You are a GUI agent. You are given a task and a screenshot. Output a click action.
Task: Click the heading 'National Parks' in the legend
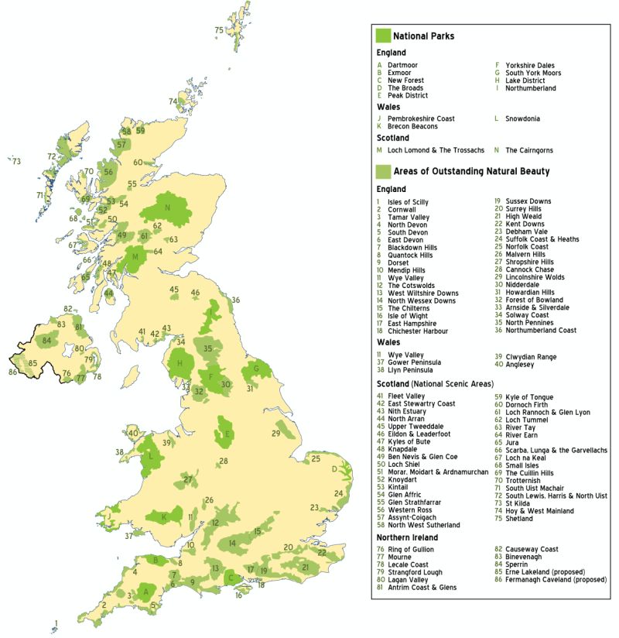point(423,36)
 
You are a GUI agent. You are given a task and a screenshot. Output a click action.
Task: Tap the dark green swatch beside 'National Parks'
point(382,36)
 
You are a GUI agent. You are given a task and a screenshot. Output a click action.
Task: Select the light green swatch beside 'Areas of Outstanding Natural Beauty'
point(382,171)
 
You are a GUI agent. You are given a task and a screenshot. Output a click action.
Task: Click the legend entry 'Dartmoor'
point(402,65)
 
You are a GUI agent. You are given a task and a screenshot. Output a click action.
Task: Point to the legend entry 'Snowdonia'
point(522,118)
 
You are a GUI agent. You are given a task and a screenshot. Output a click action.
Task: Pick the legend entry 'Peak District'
point(408,95)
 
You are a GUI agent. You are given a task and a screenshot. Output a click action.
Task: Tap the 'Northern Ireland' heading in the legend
point(407,537)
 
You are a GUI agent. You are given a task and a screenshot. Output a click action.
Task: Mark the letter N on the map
point(166,208)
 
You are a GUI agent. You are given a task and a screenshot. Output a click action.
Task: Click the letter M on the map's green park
point(135,256)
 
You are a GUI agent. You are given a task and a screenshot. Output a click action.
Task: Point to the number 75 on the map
point(219,30)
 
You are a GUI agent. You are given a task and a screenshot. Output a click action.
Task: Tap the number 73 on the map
point(16,162)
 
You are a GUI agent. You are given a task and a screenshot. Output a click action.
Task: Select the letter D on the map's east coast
point(334,469)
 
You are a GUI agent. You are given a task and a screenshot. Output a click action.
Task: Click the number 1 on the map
point(56,622)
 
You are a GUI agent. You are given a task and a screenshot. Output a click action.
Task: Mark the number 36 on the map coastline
point(235,300)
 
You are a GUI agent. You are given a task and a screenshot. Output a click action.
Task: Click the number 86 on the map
point(12,372)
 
